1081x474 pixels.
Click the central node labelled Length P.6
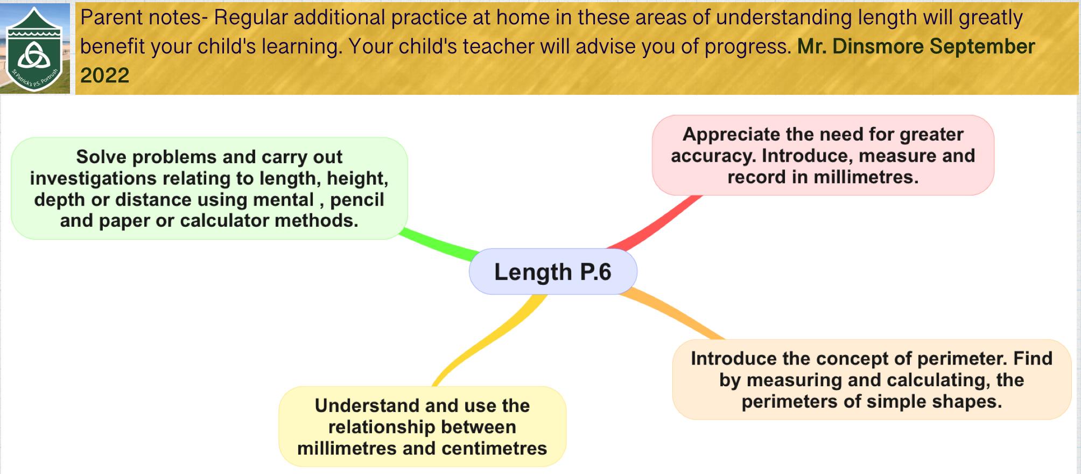click(553, 271)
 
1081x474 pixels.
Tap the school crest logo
click(35, 49)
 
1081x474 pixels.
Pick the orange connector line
click(673, 315)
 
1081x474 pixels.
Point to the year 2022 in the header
click(105, 75)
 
